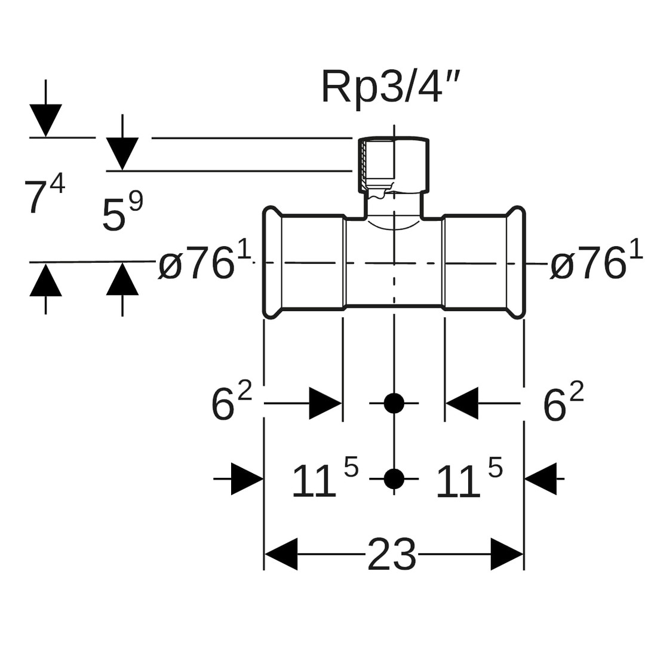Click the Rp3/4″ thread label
[x=391, y=88]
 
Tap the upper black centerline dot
[x=394, y=404]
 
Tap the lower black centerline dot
[x=394, y=478]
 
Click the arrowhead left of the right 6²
[x=462, y=404]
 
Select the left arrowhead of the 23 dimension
[x=281, y=554]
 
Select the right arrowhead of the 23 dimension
[x=507, y=554]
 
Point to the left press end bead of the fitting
[x=272, y=262]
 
